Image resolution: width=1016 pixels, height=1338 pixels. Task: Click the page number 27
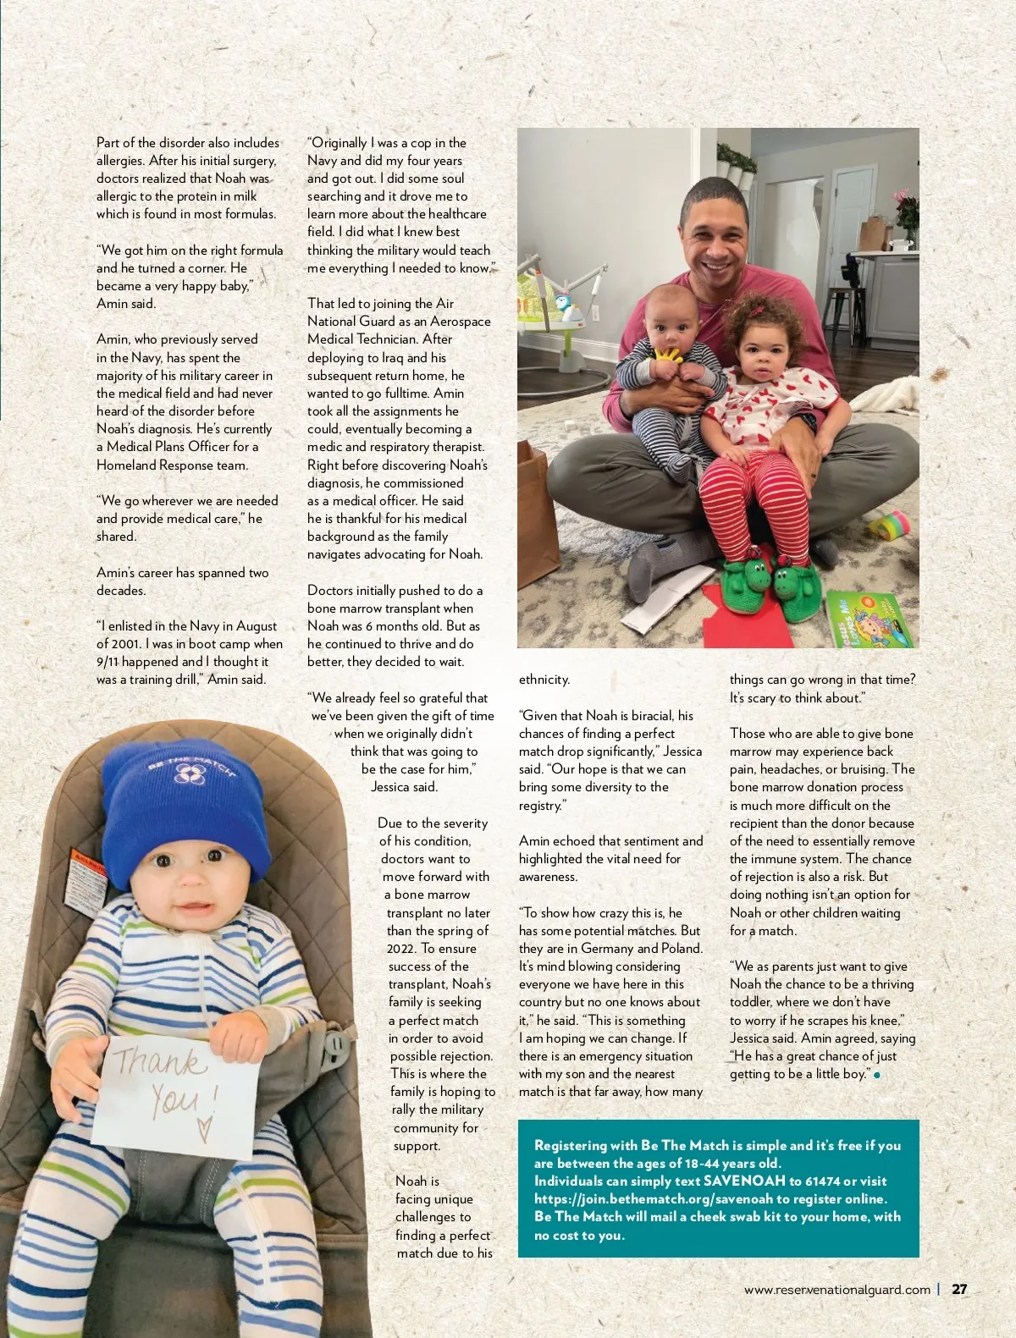(959, 1290)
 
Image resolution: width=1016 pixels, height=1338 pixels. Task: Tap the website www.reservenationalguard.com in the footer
(837, 1290)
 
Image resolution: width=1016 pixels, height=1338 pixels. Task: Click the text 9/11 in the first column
(108, 662)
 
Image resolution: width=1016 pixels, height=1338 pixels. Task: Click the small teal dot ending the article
(877, 1075)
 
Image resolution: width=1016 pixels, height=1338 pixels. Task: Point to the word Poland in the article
(682, 948)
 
